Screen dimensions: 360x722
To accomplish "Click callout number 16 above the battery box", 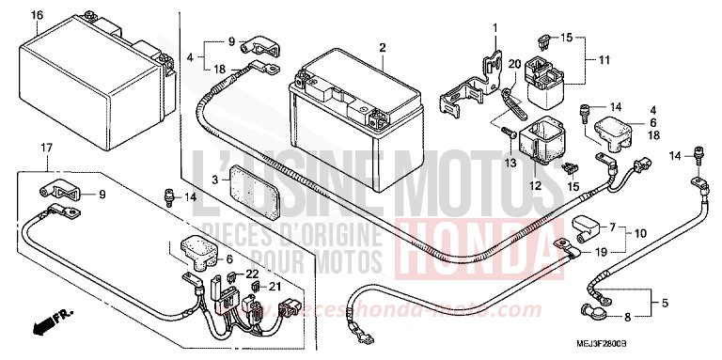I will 37,15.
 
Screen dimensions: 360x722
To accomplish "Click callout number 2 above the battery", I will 383,48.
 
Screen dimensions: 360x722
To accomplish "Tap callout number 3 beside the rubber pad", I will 214,179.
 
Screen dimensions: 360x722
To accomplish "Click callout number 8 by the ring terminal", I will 627,318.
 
